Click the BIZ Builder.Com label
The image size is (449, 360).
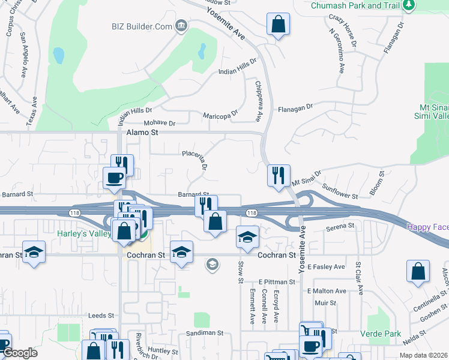coord(142,26)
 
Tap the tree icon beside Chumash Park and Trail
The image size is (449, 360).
coord(409,5)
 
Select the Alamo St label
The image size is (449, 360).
coord(142,132)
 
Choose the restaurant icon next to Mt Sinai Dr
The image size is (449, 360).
coord(279,175)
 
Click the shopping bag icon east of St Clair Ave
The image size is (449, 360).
coord(418,271)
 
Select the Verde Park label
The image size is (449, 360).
coord(380,332)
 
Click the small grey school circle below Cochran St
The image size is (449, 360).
coord(211,264)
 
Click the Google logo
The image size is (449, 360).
coord(19,353)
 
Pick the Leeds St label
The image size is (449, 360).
coord(101,316)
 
